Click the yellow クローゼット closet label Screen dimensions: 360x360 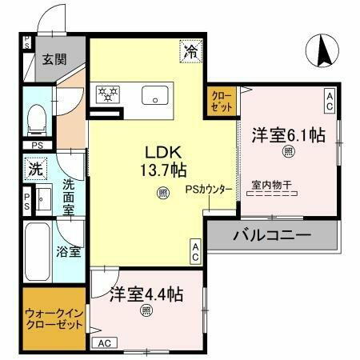click(x=223, y=102)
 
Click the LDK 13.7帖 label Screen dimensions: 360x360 click(x=166, y=161)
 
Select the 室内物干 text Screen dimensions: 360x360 click(x=271, y=185)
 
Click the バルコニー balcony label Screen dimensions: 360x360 click(x=271, y=237)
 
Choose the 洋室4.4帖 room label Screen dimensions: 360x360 click(x=146, y=294)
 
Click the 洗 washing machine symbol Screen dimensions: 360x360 click(x=35, y=170)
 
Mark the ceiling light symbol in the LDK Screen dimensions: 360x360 click(x=162, y=193)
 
